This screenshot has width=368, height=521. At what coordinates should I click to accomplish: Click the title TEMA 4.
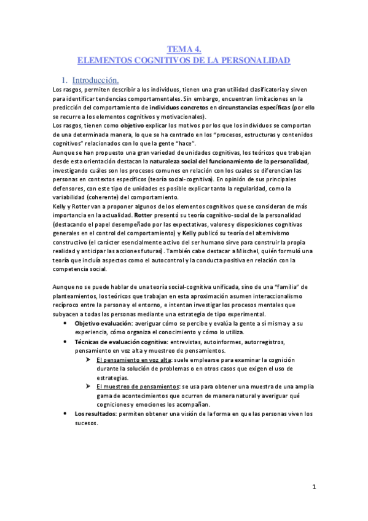pyautogui.click(x=184, y=50)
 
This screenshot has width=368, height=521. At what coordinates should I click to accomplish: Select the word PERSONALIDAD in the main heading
pyautogui.click(x=259, y=61)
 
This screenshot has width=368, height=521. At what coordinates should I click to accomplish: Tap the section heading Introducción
pyautogui.click(x=95, y=80)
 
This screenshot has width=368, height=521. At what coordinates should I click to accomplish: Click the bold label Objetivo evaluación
pyautogui.click(x=101, y=323)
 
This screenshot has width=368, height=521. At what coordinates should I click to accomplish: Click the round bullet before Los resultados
pyautogui.click(x=66, y=413)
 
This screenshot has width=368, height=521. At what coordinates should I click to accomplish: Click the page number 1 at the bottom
pyautogui.click(x=313, y=488)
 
